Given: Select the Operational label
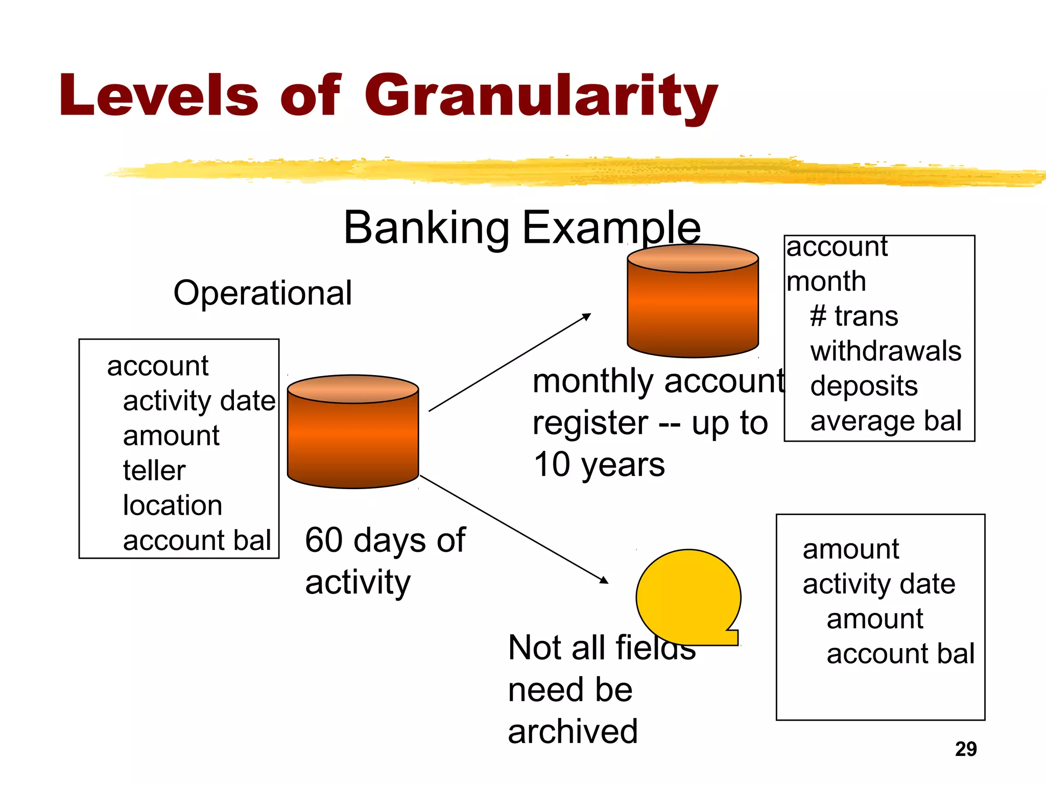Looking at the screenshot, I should point(263,293).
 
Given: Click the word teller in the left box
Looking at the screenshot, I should point(154,471).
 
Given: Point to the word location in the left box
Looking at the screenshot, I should point(173,505).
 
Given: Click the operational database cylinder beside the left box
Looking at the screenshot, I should point(353,434).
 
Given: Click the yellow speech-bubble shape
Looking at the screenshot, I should point(687,595).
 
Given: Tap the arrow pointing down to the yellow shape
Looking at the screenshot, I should point(513,529).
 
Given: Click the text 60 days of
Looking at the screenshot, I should point(385,540).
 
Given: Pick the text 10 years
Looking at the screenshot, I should point(599,465).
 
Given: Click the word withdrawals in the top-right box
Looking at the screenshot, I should point(886,351).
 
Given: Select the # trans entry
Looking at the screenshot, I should point(854,316).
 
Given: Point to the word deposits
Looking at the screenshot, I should point(864,386).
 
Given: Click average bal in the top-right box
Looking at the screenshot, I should point(886,421).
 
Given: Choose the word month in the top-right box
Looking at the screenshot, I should point(826,282).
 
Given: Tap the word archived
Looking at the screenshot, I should point(573,731).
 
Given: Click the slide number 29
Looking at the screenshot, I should point(965,749).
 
